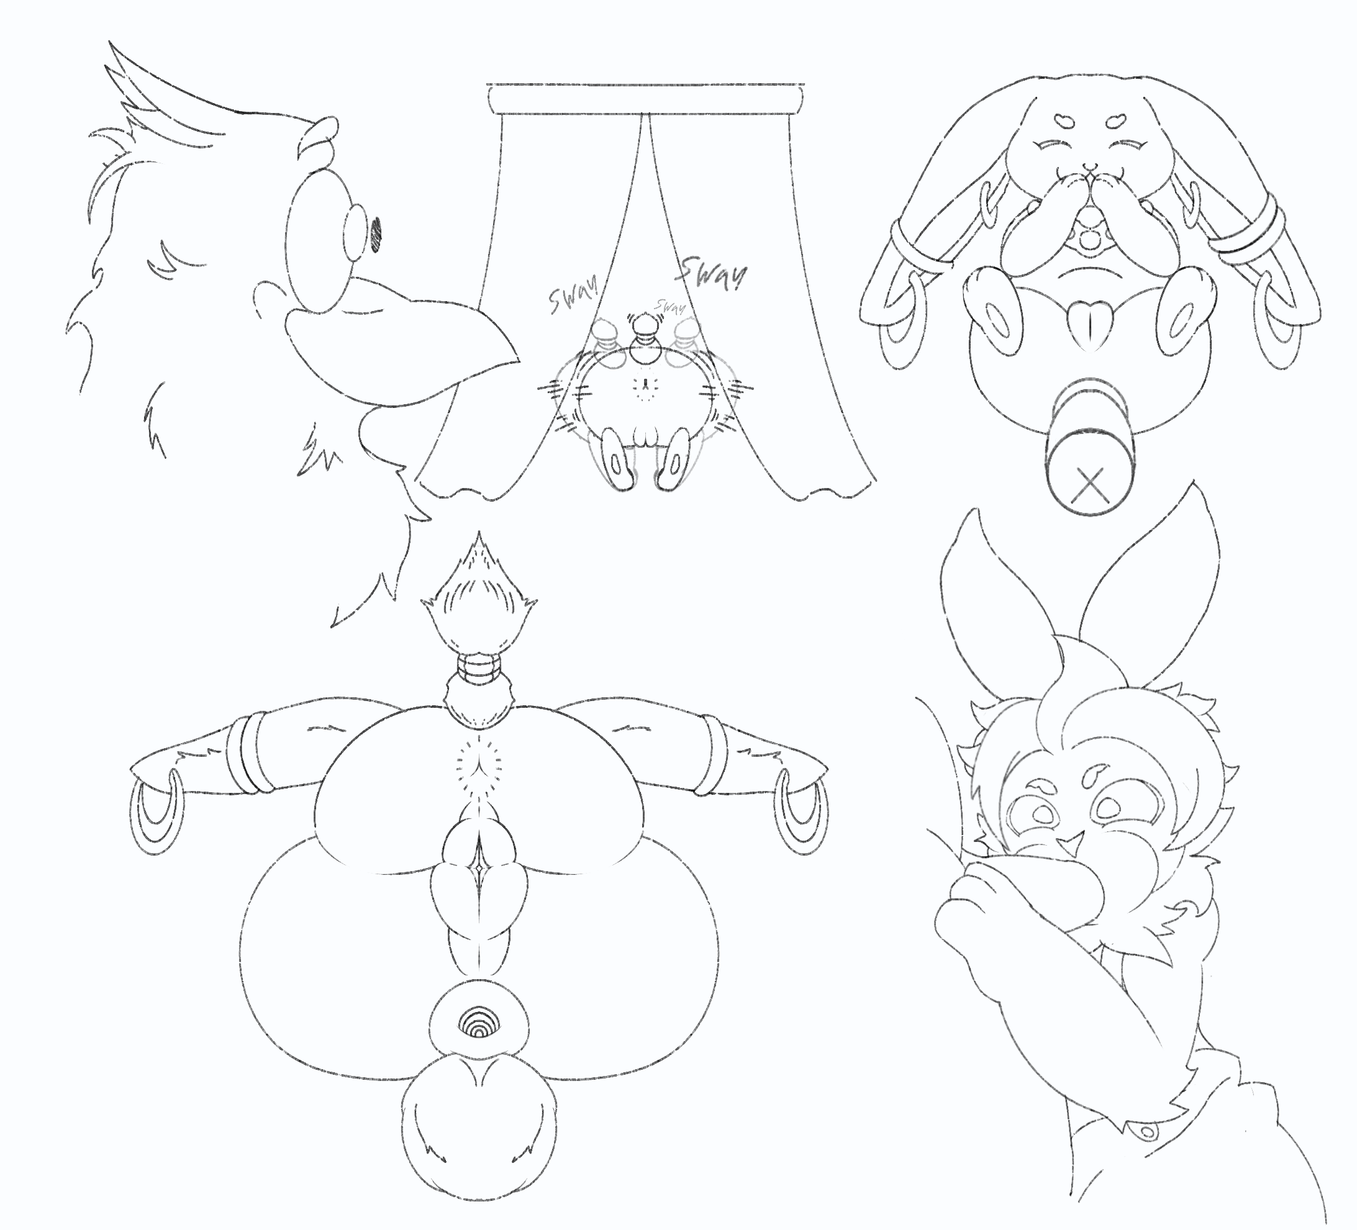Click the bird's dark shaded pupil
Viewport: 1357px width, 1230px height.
coord(376,235)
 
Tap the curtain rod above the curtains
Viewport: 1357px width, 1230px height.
coord(645,100)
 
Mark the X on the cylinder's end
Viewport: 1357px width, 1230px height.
coord(1090,484)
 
